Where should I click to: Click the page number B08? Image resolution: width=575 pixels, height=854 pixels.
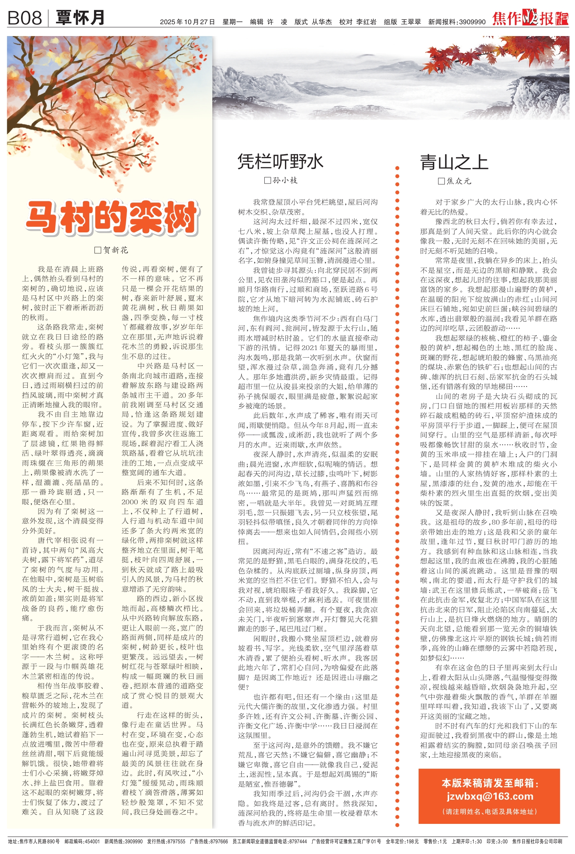[25, 18]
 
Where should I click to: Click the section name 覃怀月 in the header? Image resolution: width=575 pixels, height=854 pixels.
[81, 18]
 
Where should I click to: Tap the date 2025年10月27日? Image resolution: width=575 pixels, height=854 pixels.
[187, 22]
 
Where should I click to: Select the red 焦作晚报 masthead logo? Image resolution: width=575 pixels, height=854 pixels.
[530, 19]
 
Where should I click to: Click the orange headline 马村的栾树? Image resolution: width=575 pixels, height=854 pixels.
[112, 217]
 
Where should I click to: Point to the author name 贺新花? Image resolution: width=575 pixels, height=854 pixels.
[116, 250]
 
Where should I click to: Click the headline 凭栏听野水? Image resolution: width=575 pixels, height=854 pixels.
[281, 162]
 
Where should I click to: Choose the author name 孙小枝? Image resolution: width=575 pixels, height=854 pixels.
[285, 181]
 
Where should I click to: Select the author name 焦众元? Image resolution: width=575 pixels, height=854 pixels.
[459, 181]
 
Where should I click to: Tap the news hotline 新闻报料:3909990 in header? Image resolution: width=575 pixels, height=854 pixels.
[457, 22]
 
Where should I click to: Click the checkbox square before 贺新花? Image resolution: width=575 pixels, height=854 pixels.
[98, 250]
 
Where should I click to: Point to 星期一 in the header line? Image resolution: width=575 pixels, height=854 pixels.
[233, 22]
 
